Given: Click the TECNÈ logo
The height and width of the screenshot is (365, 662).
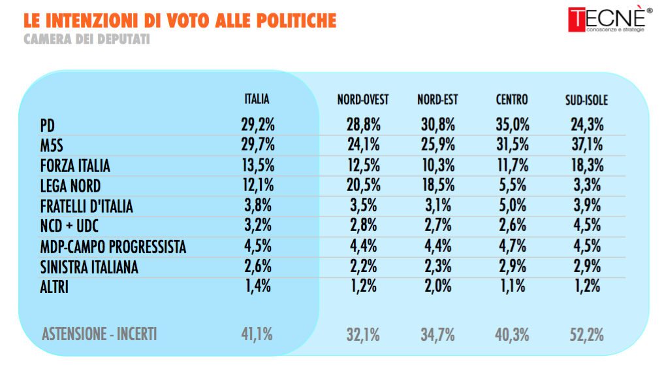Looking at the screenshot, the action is click(610, 19).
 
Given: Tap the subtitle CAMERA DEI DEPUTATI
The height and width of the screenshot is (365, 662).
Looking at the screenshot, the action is click(87, 39).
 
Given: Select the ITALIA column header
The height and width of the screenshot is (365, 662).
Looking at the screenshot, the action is click(257, 99).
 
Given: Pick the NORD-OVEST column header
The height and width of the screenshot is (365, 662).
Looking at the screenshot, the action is click(363, 100).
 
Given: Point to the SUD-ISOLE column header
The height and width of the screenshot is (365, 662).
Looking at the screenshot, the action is click(586, 100).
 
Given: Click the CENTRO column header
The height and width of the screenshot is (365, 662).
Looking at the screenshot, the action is click(512, 100).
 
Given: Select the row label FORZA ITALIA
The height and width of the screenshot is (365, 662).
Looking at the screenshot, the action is click(75, 165).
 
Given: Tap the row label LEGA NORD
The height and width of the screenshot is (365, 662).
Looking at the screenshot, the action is click(71, 186).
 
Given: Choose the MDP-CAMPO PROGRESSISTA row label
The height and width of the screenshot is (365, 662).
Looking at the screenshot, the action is click(113, 247).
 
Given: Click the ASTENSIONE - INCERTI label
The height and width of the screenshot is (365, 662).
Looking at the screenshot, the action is click(99, 334).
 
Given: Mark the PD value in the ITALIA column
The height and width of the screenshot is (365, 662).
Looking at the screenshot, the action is click(258, 125).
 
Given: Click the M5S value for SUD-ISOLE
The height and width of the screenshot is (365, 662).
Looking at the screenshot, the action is click(588, 145).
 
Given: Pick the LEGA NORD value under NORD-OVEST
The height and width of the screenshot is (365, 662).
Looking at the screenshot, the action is click(364, 185).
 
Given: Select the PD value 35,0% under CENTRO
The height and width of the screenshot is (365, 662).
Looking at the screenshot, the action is click(512, 125).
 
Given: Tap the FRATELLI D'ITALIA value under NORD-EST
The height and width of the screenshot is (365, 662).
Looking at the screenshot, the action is click(438, 205).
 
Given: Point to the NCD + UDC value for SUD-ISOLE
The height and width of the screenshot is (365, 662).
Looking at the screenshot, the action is click(587, 226).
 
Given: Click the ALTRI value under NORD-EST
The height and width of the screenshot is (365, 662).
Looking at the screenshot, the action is click(438, 287).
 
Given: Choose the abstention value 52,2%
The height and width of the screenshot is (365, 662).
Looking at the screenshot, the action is click(587, 335).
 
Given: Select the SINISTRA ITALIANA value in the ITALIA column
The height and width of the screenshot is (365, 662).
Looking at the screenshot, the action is click(258, 266).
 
